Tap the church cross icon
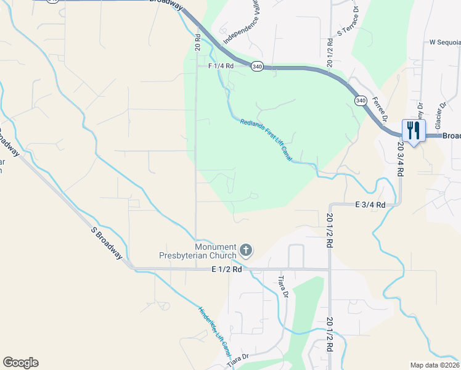pyautogui.click(x=246, y=250)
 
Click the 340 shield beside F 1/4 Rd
pyautogui.click(x=258, y=66)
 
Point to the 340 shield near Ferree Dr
pyautogui.click(x=361, y=100)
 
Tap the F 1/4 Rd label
pyautogui.click(x=221, y=66)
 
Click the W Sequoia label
pyautogui.click(x=445, y=43)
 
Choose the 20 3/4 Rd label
pyautogui.click(x=400, y=160)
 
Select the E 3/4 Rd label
pyautogui.click(x=370, y=205)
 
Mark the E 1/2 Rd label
pyautogui.click(x=227, y=269)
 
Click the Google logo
pyautogui.click(x=20, y=363)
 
